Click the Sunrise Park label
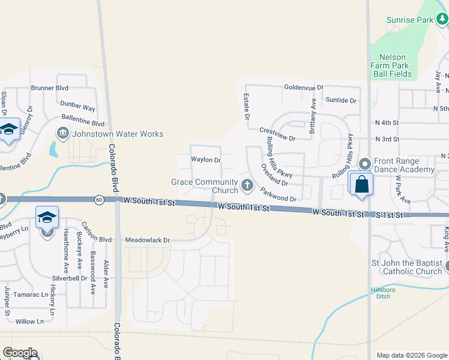[x=409, y=20]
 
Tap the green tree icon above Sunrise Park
[x=443, y=20]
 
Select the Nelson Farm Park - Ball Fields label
[x=393, y=65]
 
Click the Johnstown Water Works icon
[x=62, y=133]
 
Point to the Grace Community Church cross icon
[x=247, y=185]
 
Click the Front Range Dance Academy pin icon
[x=364, y=164]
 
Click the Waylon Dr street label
[x=206, y=160]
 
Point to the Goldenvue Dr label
[x=304, y=87]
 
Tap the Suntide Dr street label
[x=340, y=100]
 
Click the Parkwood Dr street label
[x=278, y=195]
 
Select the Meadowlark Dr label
[x=148, y=240]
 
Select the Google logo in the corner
[x=20, y=353]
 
